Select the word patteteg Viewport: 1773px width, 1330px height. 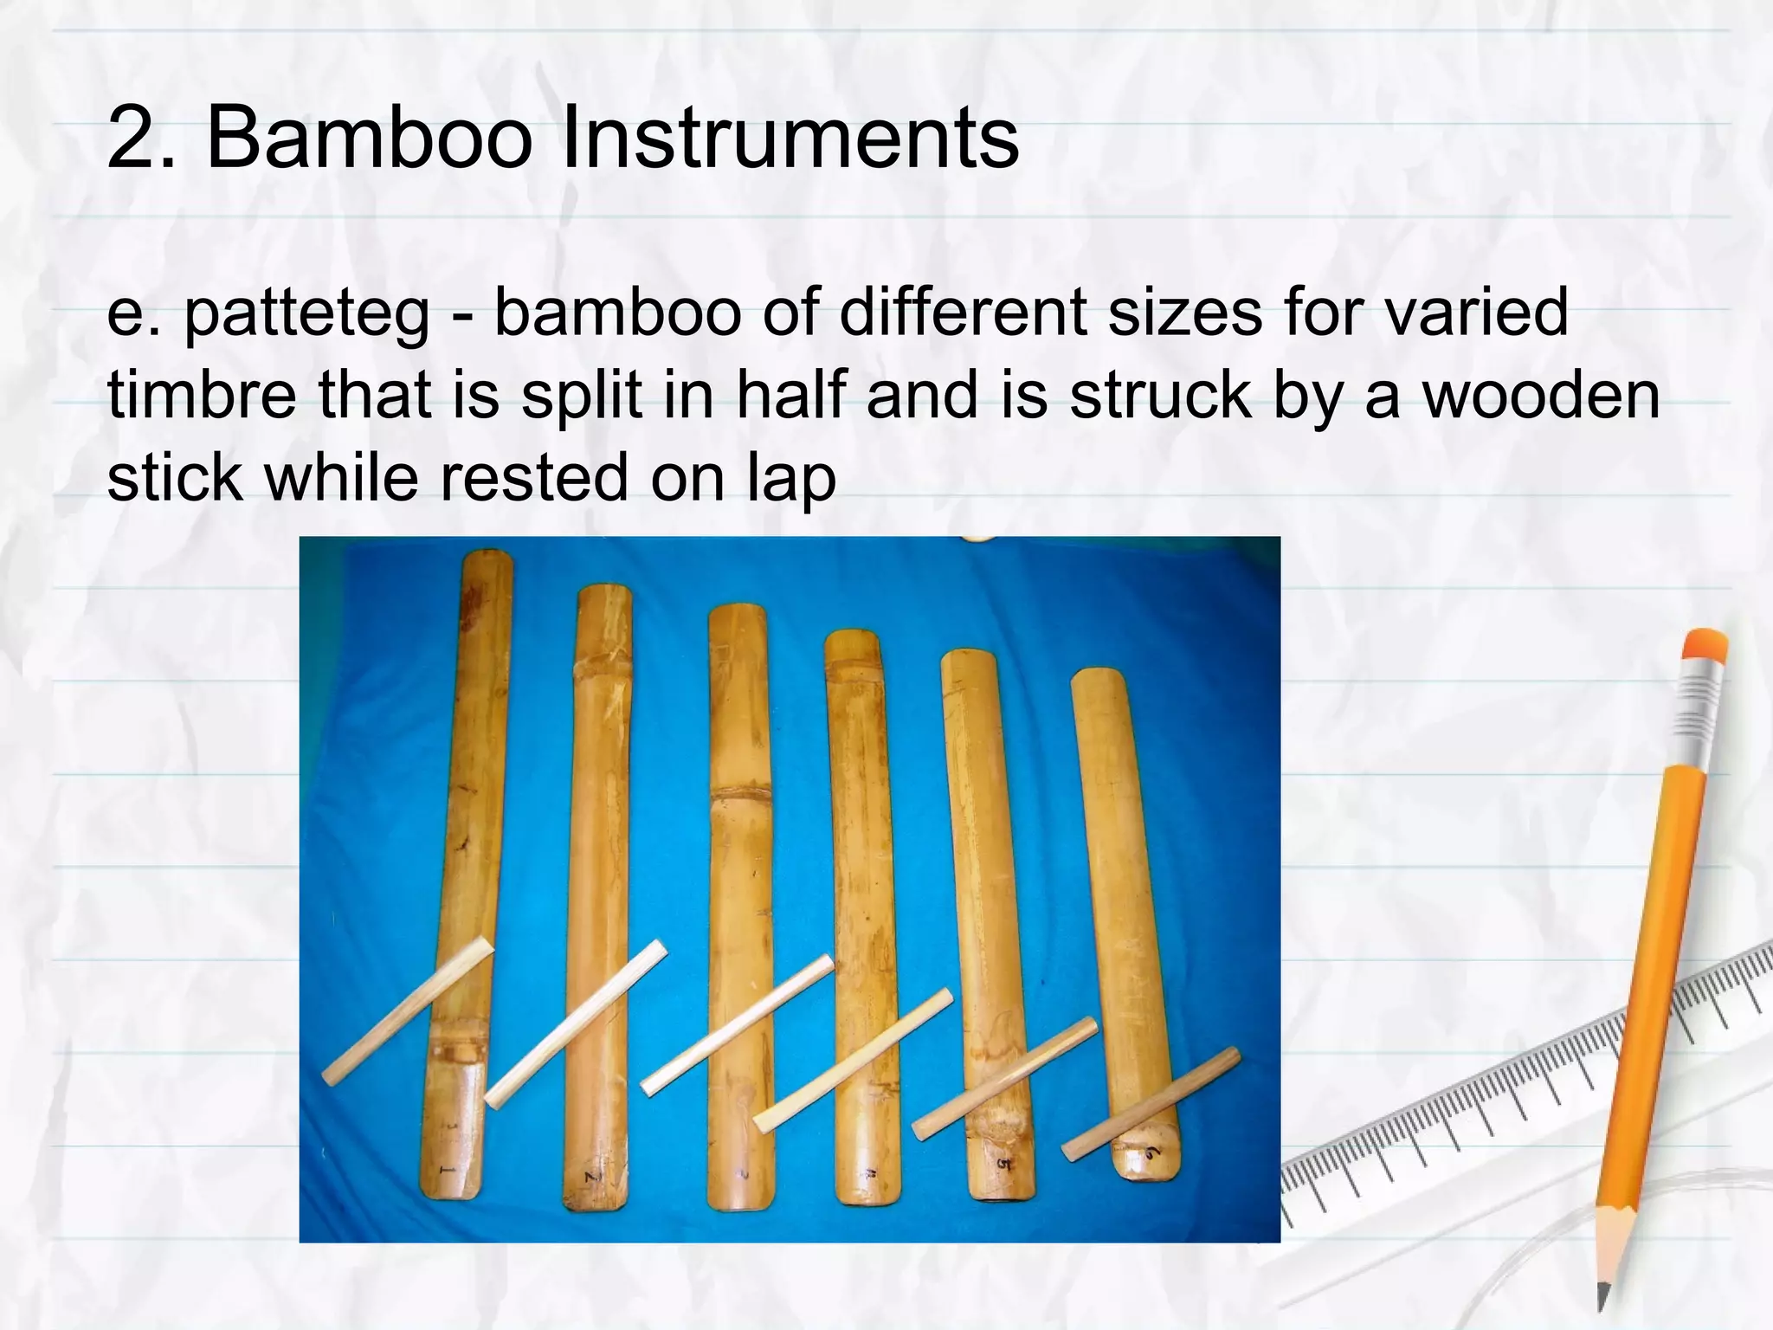[x=306, y=313]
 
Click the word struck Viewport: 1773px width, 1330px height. [x=1160, y=396]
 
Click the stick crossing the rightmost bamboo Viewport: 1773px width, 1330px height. [x=1151, y=1103]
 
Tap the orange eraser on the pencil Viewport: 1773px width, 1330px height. [x=1705, y=645]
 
